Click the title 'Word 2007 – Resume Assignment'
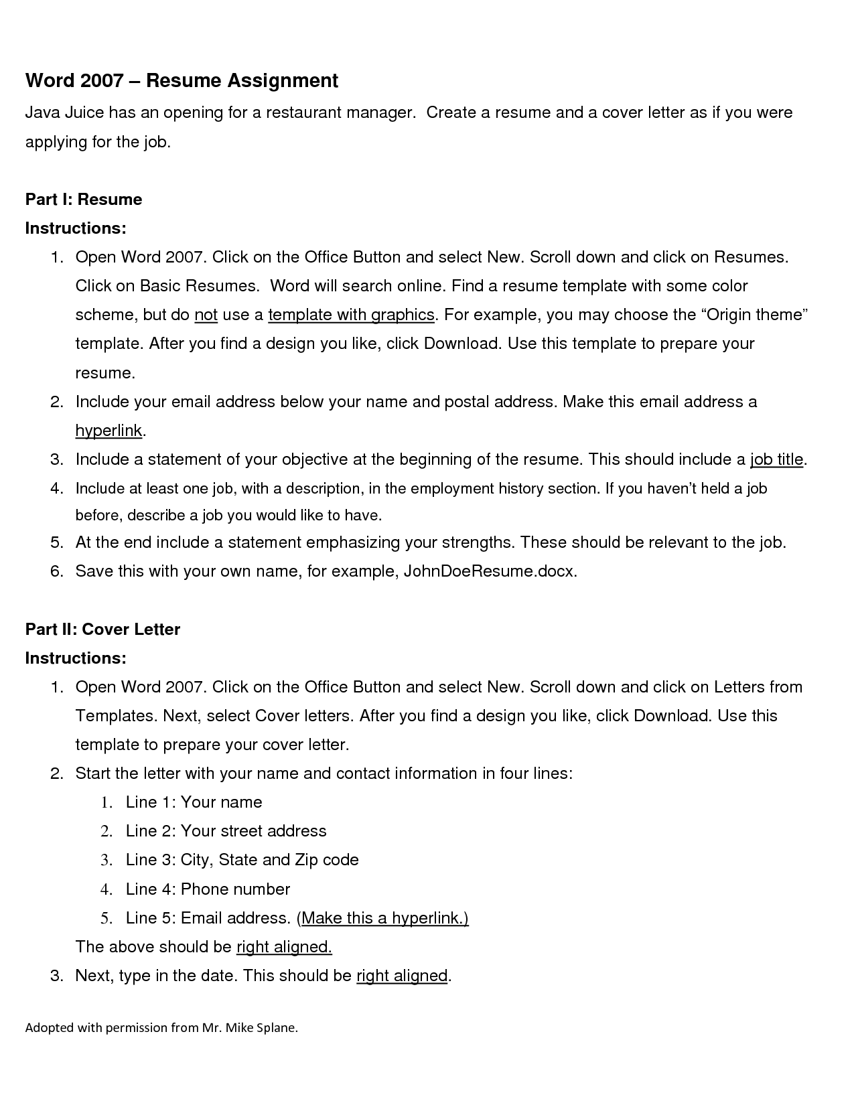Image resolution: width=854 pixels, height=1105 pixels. tap(182, 81)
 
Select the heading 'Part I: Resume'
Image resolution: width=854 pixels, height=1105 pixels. tap(84, 200)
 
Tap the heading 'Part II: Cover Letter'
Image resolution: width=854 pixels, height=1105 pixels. tap(102, 630)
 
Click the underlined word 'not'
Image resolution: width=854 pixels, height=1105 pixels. tap(206, 315)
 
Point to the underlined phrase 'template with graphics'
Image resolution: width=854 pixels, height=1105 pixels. tap(352, 315)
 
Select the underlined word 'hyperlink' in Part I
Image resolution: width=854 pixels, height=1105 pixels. tap(109, 431)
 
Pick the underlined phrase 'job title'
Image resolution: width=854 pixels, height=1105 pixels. tap(776, 459)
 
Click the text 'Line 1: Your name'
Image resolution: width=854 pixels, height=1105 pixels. tap(194, 802)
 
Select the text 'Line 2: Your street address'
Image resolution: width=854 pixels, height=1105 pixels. tap(226, 831)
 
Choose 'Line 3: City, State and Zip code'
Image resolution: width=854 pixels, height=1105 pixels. tap(242, 860)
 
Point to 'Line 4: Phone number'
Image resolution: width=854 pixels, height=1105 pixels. tap(208, 889)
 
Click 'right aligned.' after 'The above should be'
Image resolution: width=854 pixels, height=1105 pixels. tap(284, 947)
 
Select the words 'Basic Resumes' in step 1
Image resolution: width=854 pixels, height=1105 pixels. tap(198, 286)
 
